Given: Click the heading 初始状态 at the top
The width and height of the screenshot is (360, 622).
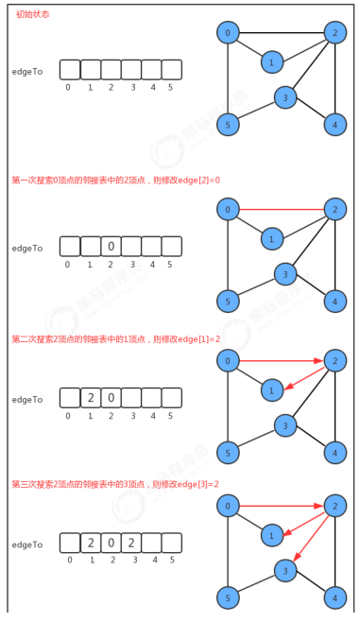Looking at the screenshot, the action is tap(33, 15).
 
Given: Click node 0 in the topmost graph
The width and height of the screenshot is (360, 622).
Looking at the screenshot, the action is tap(228, 33).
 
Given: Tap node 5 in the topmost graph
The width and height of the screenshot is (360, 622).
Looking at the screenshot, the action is tap(228, 124).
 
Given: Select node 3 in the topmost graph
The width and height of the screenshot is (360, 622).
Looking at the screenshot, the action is tap(285, 96).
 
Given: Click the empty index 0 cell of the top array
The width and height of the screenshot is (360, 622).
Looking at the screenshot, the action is tap(70, 70).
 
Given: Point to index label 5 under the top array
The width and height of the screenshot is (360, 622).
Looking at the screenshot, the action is tap(170, 88).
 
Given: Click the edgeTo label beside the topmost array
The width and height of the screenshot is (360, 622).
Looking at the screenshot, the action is tap(27, 71).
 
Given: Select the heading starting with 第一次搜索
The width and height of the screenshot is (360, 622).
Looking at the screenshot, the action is tap(115, 180).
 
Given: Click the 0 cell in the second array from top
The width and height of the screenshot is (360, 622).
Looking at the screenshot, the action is tap(111, 247).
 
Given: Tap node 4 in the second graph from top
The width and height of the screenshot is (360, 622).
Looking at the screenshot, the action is tap(334, 301).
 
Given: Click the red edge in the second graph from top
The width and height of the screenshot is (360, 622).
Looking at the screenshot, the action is tap(282, 209).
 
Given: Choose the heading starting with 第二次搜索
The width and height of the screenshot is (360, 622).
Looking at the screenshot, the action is tap(115, 338).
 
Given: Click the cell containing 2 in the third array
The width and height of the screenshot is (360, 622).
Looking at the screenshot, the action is tap(91, 398).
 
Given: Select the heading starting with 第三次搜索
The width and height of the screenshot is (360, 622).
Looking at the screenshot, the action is tap(115, 484).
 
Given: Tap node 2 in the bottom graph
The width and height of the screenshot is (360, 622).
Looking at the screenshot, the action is tap(334, 506).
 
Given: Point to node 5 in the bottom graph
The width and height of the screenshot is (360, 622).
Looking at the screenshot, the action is tap(228, 597).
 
